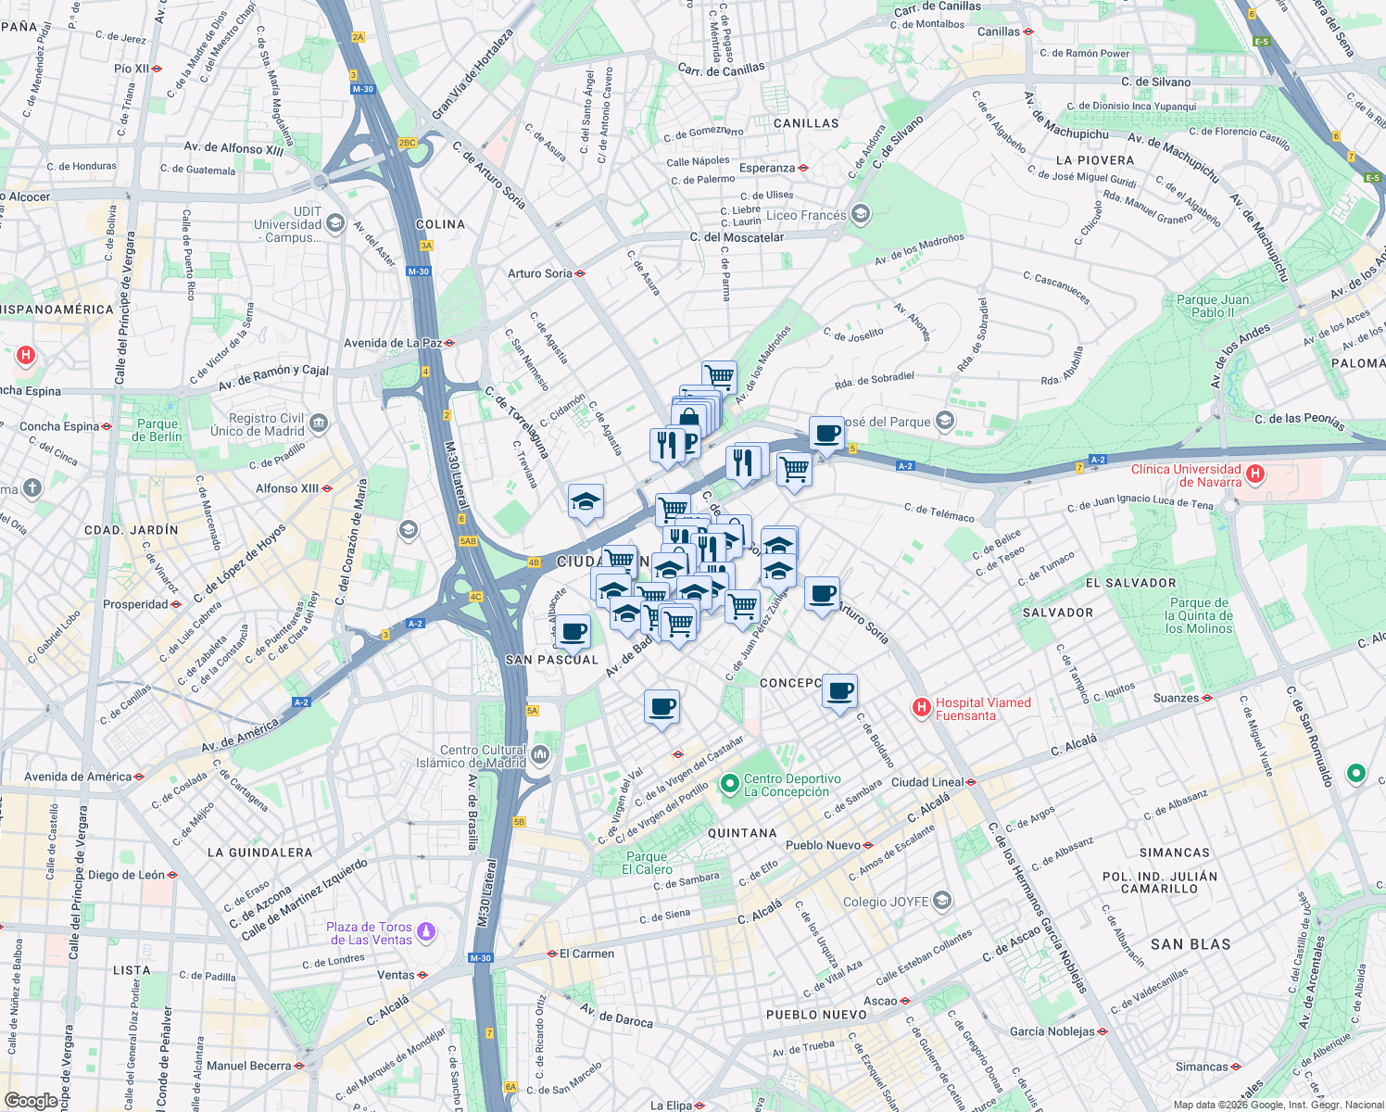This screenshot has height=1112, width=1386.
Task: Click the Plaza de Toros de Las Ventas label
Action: pyautogui.click(x=369, y=933)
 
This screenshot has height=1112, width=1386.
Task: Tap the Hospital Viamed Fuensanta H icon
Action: pyautogui.click(x=921, y=708)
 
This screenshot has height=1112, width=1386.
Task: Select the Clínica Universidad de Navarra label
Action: pyautogui.click(x=1186, y=475)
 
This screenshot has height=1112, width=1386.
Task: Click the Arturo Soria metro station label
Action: pyautogui.click(x=540, y=273)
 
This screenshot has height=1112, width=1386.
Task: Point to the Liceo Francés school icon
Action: pyautogui.click(x=861, y=215)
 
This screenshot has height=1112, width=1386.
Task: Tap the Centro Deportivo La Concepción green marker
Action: pyautogui.click(x=730, y=785)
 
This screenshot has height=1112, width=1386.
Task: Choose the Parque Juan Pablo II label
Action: pyautogui.click(x=1212, y=306)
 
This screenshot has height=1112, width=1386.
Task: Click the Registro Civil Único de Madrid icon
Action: pyautogui.click(x=319, y=423)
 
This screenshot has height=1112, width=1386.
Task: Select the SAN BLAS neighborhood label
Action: pyautogui.click(x=1191, y=944)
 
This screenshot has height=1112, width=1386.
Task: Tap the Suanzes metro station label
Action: pyautogui.click(x=1176, y=698)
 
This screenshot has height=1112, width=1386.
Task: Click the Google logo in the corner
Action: pyautogui.click(x=31, y=1100)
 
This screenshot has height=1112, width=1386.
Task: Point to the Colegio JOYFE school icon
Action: pyautogui.click(x=942, y=901)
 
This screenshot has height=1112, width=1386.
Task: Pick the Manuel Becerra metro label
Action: pyautogui.click(x=249, y=1066)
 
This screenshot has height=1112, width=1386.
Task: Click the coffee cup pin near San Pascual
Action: pyautogui.click(x=573, y=632)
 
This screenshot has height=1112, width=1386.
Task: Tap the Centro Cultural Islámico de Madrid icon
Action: pyautogui.click(x=540, y=756)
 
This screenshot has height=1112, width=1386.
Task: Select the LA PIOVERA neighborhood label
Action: pyautogui.click(x=1094, y=160)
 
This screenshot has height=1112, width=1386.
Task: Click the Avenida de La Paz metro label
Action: pyautogui.click(x=393, y=343)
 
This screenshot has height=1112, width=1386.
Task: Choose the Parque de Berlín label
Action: pyautogui.click(x=157, y=430)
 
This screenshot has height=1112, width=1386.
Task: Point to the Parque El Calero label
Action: pyautogui.click(x=647, y=863)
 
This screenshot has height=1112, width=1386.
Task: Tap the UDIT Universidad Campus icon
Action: pyautogui.click(x=335, y=224)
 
